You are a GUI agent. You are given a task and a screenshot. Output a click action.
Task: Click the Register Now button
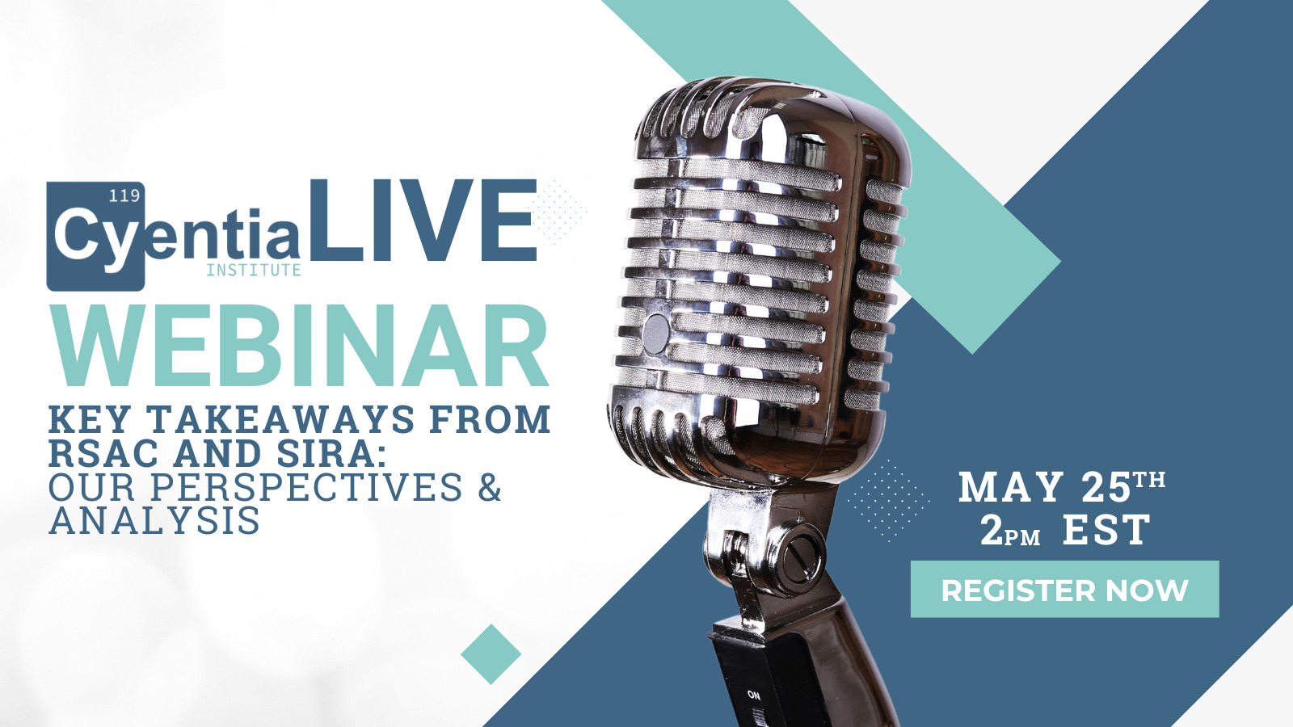coord(1064,589)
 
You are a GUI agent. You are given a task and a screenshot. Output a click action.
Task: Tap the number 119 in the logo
coord(124,196)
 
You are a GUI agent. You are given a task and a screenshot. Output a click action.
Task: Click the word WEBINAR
coord(299,345)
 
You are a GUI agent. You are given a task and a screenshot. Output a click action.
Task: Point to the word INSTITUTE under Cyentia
coord(254,270)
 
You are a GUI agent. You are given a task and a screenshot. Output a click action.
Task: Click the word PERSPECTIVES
coord(306,487)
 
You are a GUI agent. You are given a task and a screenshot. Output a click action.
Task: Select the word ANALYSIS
coord(154,521)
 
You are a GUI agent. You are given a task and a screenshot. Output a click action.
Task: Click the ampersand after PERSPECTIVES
coord(490,487)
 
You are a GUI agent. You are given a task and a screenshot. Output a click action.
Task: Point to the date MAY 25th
coord(1062,486)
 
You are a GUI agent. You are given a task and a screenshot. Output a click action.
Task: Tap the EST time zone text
coord(1106,530)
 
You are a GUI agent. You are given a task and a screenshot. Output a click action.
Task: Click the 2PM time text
coord(1010,531)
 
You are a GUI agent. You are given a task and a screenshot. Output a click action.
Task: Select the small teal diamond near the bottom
coord(491,654)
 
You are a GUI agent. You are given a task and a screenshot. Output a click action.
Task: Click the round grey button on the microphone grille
coord(656,334)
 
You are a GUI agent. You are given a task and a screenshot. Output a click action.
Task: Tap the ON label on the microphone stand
coord(754,695)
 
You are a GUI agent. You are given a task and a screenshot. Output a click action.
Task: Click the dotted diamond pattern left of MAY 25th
coord(888,500)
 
